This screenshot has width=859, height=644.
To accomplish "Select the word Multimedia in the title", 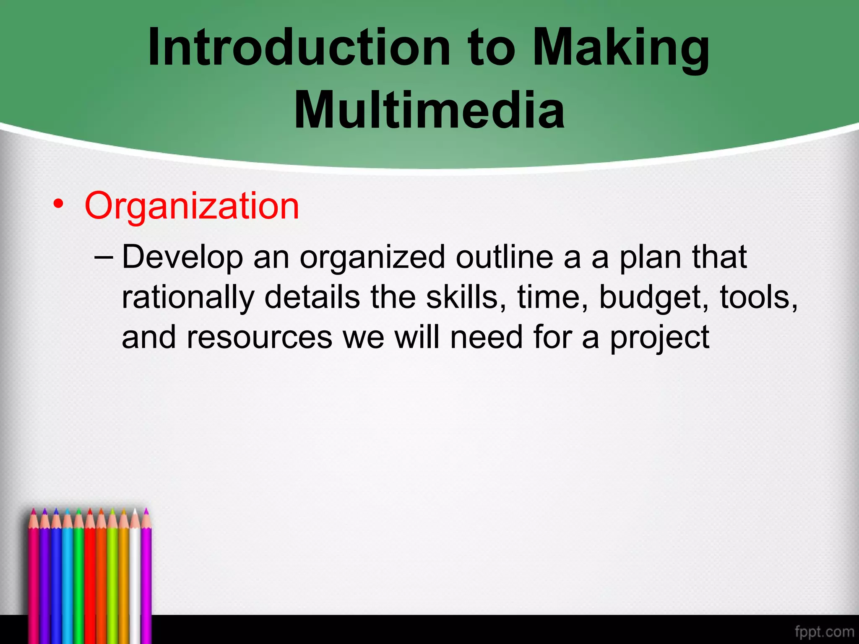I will tap(429, 110).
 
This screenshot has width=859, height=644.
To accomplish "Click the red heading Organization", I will tap(192, 206).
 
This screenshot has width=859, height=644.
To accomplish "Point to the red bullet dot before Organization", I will tap(58, 204).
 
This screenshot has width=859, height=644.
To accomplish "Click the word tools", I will tap(758, 297).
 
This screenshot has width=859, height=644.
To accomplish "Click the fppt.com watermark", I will tap(824, 631).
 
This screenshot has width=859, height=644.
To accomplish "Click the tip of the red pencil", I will tap(89, 511).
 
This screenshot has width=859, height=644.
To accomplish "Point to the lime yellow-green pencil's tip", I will tap(112, 511).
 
